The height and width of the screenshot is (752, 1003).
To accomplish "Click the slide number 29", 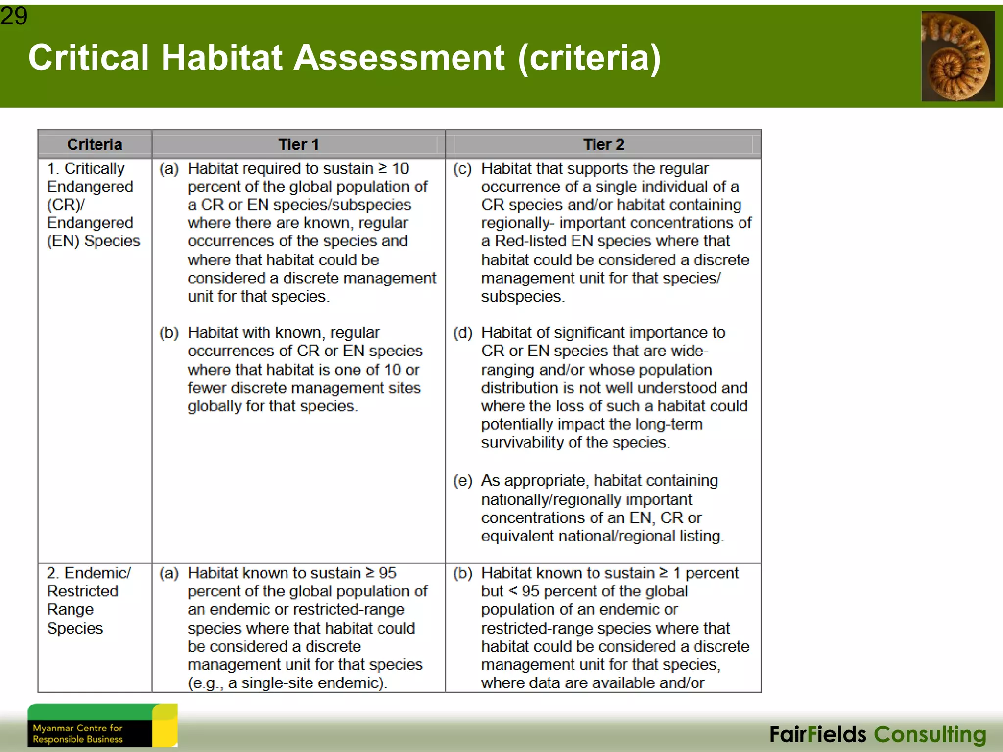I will (14, 16).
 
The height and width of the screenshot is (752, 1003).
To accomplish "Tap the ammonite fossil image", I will (957, 56).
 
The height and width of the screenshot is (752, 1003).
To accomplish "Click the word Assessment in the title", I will (400, 58).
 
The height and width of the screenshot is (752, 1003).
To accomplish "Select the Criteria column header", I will (95, 144).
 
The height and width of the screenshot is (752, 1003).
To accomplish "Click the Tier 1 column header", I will (298, 144).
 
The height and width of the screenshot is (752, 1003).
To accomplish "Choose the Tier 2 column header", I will (603, 144).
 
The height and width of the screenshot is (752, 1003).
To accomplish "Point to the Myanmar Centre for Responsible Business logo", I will (102, 725).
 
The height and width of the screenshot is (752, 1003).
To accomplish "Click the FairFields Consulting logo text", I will (878, 734).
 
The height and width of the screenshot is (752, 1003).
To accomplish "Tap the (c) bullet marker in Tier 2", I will (462, 169).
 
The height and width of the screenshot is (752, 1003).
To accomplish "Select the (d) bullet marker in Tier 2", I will (462, 333).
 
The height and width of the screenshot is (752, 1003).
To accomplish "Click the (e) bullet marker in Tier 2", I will (462, 481).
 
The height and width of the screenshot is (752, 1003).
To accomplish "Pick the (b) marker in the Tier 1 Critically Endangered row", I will (168, 333).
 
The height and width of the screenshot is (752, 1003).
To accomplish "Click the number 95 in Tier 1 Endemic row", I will (387, 573).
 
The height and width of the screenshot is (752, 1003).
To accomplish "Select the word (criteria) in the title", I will (589, 58).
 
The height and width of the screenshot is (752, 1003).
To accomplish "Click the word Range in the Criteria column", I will (70, 610).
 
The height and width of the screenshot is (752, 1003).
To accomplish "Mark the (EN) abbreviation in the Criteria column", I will (63, 241).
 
